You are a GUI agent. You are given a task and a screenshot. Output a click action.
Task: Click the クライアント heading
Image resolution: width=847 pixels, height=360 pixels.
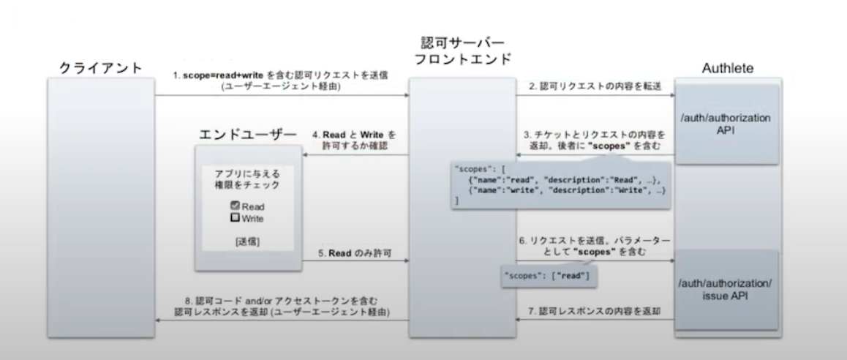pos(100,68)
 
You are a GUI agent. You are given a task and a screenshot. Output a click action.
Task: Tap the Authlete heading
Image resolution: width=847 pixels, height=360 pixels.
pos(728,68)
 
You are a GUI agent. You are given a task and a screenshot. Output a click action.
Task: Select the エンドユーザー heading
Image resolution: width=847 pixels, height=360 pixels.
pos(248,135)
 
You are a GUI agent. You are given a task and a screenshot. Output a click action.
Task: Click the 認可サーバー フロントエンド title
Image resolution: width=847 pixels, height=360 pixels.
pos(462,50)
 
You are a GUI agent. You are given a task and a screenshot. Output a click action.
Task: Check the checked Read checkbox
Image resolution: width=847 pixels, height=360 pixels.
pos(235,206)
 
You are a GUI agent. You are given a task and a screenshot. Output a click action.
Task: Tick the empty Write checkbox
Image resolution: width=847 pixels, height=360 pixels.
pos(235,218)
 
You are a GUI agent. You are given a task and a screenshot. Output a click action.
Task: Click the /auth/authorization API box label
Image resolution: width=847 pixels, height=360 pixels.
pos(726,124)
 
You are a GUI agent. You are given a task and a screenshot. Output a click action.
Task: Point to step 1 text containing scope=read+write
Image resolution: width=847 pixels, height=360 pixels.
pos(280,80)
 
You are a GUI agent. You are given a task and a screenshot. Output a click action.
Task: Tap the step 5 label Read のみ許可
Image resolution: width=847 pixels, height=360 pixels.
pos(355,253)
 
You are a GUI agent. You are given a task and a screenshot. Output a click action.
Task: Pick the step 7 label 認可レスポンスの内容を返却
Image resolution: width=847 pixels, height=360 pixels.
pos(594,312)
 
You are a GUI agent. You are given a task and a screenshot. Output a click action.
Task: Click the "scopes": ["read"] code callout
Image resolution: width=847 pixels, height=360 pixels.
pos(546,276)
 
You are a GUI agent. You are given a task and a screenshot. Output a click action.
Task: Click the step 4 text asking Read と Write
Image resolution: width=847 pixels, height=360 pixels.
pos(355,140)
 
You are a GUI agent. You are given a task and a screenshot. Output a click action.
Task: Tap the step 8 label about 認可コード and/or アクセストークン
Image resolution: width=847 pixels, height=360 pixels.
pos(282,307)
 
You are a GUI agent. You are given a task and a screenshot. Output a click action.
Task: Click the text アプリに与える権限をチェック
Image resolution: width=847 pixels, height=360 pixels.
pos(247,179)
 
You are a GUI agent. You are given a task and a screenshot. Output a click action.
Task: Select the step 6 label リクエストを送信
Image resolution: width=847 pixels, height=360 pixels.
pos(594,246)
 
